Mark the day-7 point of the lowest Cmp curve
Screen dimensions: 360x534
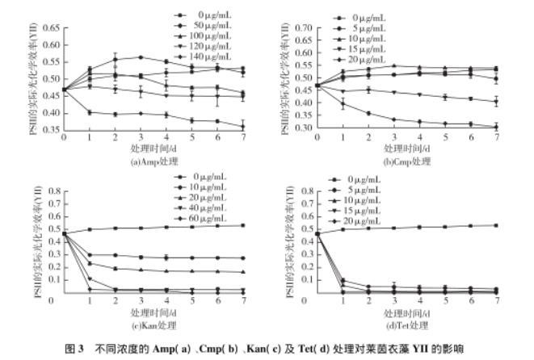tap(496, 127)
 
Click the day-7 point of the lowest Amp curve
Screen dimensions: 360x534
tap(242, 126)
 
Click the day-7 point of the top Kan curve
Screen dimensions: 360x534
tap(242, 225)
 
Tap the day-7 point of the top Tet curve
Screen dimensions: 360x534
tap(496, 225)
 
